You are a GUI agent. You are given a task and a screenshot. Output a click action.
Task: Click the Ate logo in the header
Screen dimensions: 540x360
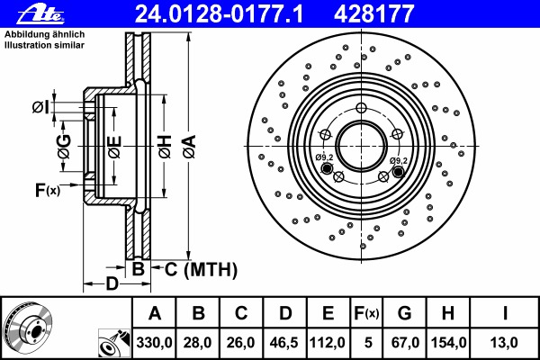41,13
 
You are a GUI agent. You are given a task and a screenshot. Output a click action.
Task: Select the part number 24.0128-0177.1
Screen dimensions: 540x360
219,13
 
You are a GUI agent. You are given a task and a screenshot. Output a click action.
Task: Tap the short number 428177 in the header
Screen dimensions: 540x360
373,13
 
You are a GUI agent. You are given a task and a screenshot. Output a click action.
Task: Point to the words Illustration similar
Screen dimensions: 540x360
44,45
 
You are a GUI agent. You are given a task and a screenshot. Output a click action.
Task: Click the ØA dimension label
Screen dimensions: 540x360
189,147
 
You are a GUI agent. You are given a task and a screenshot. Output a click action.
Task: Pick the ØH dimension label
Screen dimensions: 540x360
165,147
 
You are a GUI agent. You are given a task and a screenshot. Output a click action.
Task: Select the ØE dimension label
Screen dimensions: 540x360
114,147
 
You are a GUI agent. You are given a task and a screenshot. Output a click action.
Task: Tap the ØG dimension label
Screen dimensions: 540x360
64,147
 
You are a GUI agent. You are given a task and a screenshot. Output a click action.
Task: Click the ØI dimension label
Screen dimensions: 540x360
40,107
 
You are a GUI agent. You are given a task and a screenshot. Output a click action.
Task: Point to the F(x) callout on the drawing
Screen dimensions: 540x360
48,190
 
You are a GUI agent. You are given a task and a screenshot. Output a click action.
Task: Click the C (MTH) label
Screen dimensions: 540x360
201,269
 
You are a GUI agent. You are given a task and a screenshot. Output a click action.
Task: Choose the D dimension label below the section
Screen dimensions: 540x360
112,283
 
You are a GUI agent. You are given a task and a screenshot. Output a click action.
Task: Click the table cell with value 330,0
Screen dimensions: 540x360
154,343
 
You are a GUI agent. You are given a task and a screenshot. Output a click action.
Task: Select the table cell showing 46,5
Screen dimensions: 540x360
284,343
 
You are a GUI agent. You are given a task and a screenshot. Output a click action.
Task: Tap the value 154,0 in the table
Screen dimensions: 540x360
449,343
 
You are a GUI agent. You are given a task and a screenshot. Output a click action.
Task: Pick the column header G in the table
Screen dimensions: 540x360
404,313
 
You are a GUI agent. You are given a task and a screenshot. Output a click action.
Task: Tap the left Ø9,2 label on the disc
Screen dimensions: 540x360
324,157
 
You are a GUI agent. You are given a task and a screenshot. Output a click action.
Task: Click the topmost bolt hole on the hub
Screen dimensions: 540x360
361,108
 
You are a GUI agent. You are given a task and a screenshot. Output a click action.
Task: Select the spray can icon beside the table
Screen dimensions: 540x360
114,344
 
